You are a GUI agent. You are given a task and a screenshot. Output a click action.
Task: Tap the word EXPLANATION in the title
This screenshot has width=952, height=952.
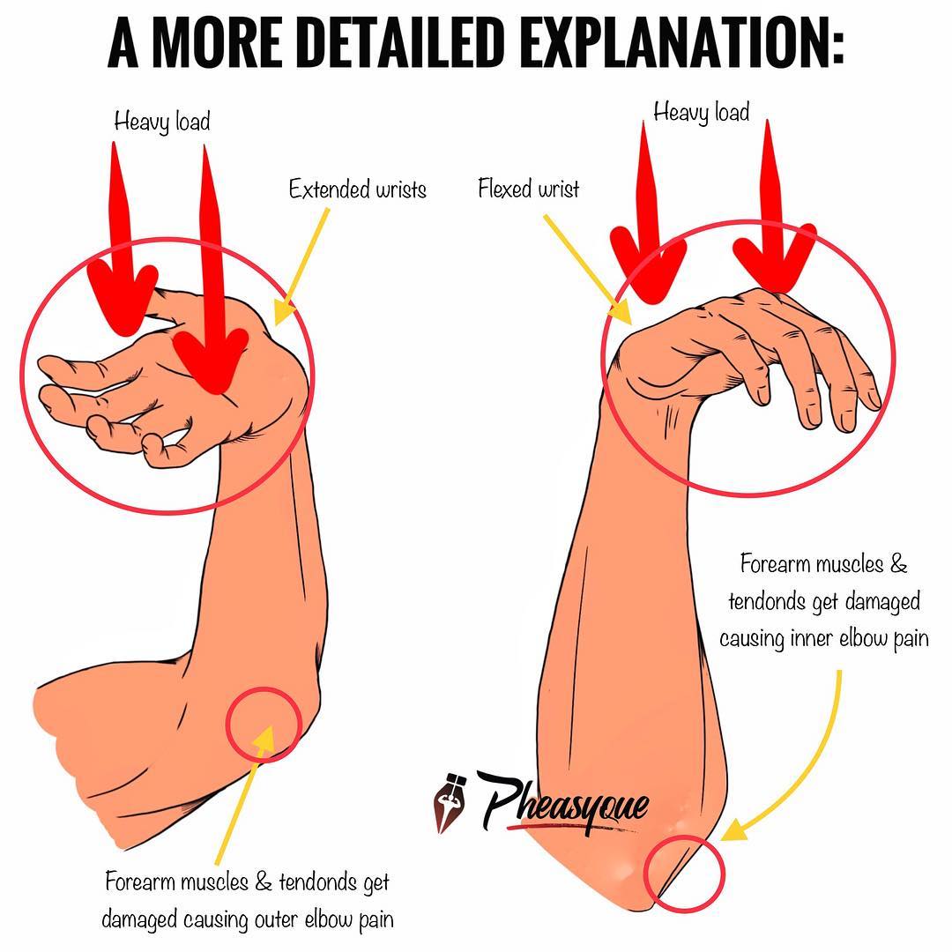(682, 42)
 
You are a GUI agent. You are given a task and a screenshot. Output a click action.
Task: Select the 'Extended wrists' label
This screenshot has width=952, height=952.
(358, 190)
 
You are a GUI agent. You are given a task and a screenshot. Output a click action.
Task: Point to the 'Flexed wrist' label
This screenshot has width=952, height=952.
(528, 189)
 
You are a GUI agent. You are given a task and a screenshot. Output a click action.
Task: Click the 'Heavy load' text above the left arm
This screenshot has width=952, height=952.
(162, 122)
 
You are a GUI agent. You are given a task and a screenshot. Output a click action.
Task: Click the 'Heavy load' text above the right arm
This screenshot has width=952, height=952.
(702, 113)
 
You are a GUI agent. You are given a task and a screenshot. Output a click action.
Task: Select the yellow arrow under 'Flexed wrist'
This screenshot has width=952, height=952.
(588, 268)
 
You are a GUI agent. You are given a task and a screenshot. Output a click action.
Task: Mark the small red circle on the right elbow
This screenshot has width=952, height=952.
(644, 873)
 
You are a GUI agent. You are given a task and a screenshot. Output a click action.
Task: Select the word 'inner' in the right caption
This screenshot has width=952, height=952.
(813, 639)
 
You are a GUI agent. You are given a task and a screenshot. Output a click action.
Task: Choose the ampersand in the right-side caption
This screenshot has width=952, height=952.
(898, 564)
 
